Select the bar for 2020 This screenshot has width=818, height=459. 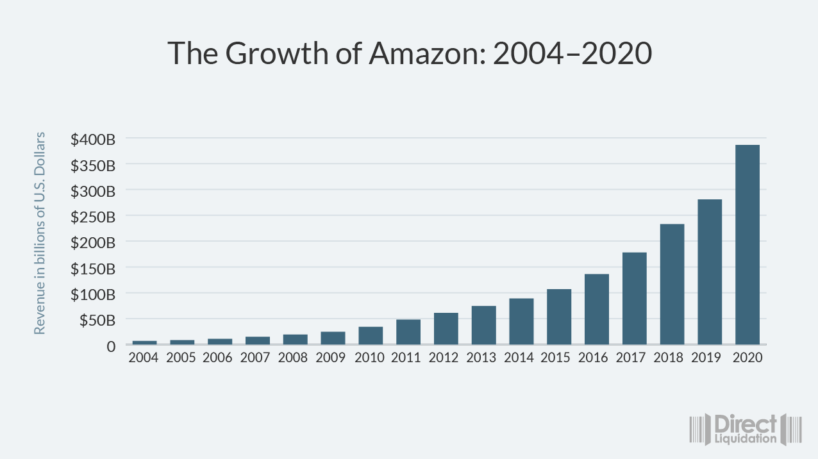coord(747,245)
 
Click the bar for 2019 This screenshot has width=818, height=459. coord(710,272)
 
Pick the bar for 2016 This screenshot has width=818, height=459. coord(596,309)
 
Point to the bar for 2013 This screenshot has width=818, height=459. coord(483,325)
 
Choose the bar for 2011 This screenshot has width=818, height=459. coord(408,332)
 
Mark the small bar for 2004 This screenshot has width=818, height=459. coord(144,342)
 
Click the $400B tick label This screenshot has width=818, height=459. coord(93,139)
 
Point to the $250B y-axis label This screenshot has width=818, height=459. coord(93,217)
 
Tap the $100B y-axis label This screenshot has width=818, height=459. coord(93,294)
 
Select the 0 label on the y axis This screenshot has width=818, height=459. coord(110,346)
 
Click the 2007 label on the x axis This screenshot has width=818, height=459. coord(255,358)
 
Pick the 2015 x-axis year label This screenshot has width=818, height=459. coord(556,358)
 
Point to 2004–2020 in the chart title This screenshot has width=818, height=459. coord(572,54)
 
